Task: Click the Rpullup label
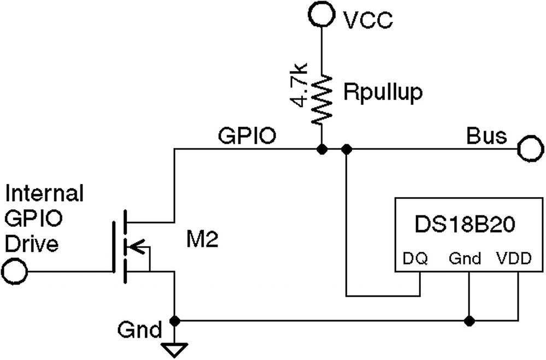383,93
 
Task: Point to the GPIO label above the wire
246,135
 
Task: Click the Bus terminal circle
530,149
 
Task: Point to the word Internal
44,193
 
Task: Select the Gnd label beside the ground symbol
139,330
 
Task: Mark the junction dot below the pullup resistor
321,149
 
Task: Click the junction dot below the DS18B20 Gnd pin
468,320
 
